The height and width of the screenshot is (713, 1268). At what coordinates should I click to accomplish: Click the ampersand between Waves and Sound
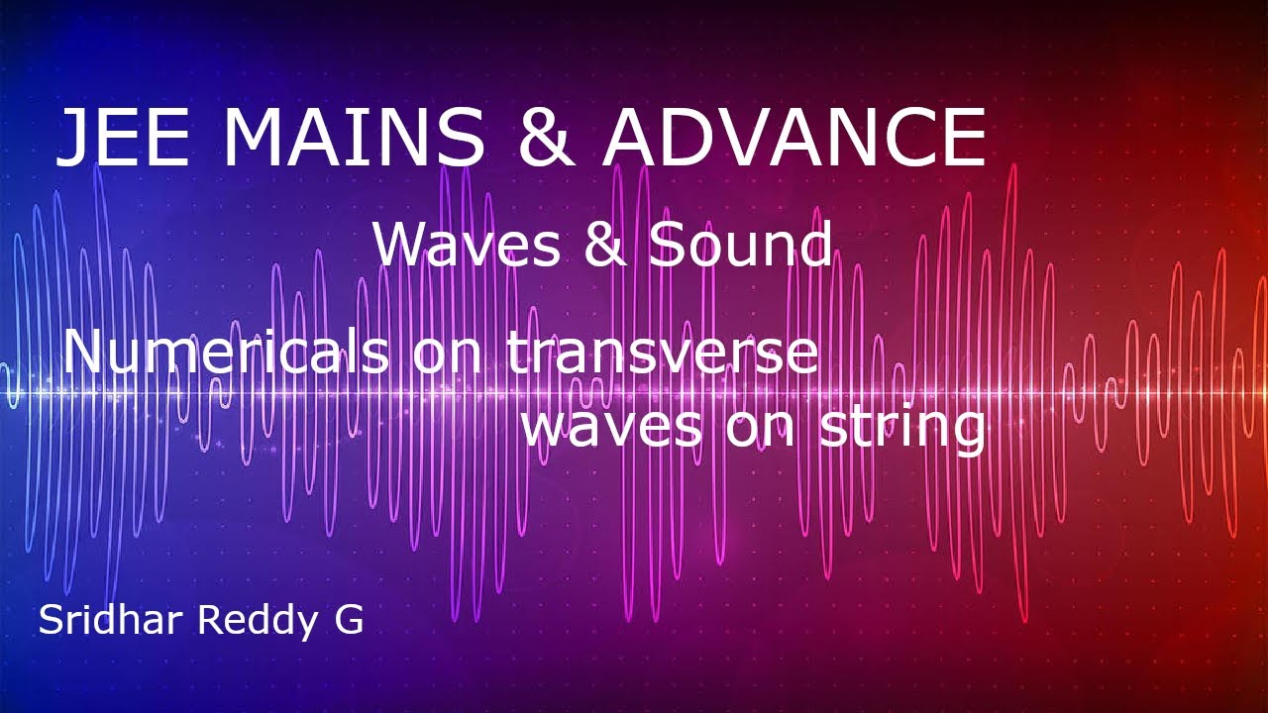604,245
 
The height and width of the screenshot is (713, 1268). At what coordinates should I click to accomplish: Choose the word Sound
739,245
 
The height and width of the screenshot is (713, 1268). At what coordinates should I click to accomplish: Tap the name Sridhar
111,621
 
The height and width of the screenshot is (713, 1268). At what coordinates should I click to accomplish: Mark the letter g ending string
967,433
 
